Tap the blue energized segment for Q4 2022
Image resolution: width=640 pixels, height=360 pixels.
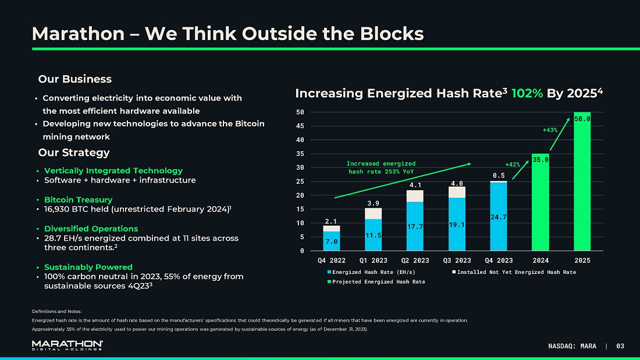[332, 241]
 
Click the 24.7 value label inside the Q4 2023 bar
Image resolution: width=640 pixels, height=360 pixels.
[499, 217]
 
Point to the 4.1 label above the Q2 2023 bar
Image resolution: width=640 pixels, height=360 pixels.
[415, 185]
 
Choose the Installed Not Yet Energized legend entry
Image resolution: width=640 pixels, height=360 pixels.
[514, 272]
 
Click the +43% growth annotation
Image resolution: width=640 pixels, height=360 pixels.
[550, 130]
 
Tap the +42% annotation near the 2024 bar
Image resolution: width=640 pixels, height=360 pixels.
[512, 165]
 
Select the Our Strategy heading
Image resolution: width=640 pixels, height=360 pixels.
[74, 153]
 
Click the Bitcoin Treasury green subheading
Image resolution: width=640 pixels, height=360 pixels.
[78, 199]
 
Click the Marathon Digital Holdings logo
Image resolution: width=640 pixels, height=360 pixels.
[67, 345]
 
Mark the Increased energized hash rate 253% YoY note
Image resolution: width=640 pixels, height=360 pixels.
[381, 167]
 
